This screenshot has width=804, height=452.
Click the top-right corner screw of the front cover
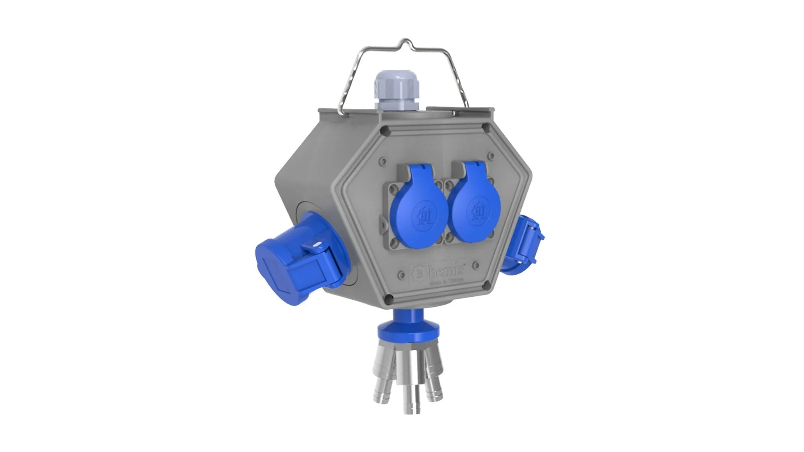pyautogui.click(x=485, y=127)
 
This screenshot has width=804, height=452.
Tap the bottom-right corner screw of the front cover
pyautogui.click(x=486, y=286)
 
